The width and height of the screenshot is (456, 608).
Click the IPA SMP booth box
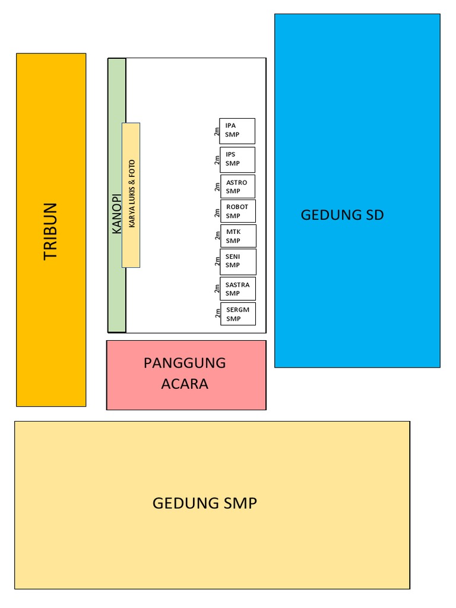coord(237,131)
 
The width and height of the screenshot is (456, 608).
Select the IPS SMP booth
coord(237,159)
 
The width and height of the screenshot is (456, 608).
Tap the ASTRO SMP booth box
coord(238,186)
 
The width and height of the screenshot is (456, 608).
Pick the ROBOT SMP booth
coord(238,211)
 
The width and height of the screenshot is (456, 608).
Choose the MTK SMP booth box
coord(239,236)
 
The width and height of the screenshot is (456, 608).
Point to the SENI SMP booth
coord(238,261)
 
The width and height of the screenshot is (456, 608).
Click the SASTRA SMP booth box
coord(238,289)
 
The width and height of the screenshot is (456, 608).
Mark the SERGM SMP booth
coord(238,314)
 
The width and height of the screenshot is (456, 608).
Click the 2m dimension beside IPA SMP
coord(217,131)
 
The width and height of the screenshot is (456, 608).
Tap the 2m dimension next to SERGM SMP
coord(217,314)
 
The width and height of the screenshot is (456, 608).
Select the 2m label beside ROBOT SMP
coord(217,212)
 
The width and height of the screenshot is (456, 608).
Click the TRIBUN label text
coord(51,231)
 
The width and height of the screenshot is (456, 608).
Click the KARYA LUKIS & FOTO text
coord(132,195)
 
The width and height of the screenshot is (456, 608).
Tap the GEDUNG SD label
coord(342,215)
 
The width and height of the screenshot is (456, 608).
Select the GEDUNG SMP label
coord(204,503)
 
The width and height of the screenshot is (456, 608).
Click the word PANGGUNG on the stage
coord(185,363)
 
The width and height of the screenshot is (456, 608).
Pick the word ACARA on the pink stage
coord(185,384)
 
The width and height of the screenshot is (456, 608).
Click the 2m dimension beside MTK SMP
coord(217,236)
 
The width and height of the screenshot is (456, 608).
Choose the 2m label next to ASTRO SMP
coord(217,187)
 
